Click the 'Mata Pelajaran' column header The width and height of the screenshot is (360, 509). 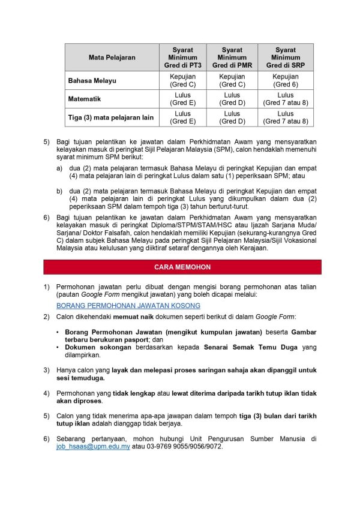[112, 58]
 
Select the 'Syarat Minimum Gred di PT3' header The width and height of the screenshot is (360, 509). [182, 58]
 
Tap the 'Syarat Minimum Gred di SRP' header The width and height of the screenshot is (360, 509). [285, 58]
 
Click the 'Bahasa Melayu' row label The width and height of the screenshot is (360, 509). [92, 80]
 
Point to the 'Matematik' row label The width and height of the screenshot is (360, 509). [84, 99]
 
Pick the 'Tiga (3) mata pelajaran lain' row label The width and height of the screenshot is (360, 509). [111, 118]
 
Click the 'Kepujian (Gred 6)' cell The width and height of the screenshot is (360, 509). [285, 80]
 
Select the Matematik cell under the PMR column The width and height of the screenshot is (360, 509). [232, 99]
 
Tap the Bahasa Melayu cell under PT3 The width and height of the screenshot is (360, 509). [182, 80]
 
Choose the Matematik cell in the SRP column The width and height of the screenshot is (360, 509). [285, 99]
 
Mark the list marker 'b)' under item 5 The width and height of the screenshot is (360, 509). [59, 191]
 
